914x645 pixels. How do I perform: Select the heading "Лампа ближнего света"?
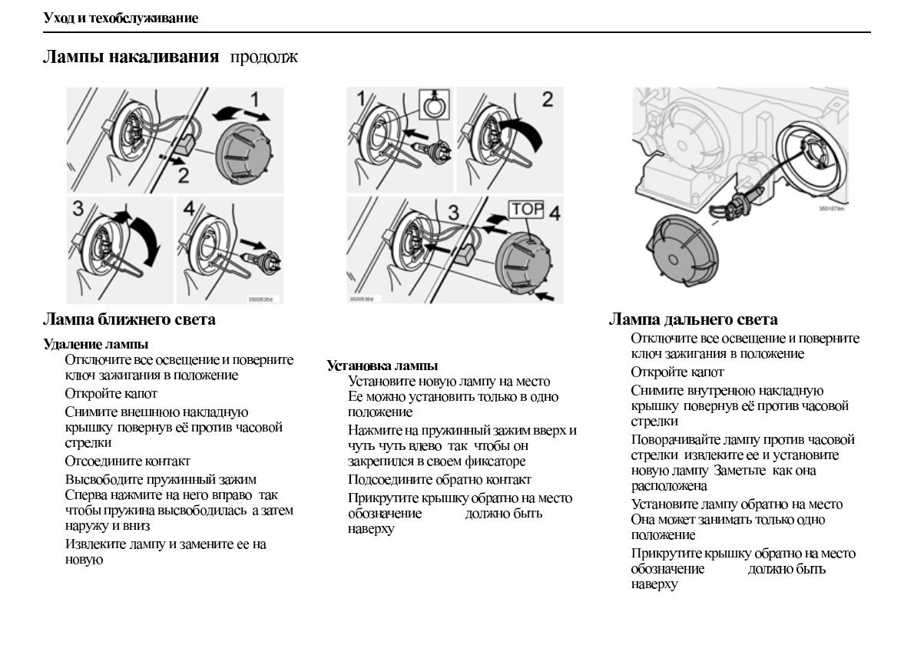click(129, 319)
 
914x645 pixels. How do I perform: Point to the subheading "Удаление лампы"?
click(95, 345)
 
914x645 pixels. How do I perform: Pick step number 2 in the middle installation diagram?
click(547, 100)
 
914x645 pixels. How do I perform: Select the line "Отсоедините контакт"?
click(127, 461)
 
